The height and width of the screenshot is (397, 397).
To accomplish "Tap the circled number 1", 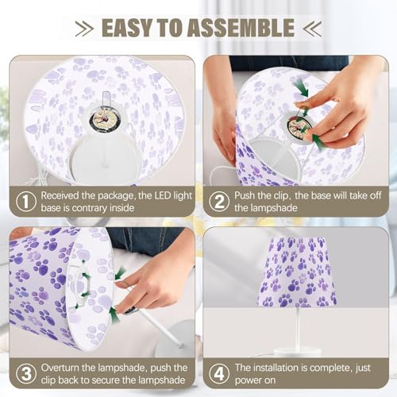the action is pyautogui.click(x=26, y=202).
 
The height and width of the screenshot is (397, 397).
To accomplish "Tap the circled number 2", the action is pyautogui.click(x=219, y=202).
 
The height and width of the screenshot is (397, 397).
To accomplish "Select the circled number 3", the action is pyautogui.click(x=26, y=374).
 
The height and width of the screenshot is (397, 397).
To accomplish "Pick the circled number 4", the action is pyautogui.click(x=219, y=374).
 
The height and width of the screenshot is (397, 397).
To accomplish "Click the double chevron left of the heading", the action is pyautogui.click(x=84, y=28).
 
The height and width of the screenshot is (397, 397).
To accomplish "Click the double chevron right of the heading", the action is pyautogui.click(x=312, y=28).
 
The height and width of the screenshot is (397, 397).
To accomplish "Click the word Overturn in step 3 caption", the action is pyautogui.click(x=60, y=368).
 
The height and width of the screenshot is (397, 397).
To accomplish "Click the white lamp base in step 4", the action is pyautogui.click(x=298, y=353).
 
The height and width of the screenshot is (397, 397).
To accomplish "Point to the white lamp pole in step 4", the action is pyautogui.click(x=298, y=329).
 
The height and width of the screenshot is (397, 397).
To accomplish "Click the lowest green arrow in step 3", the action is pyautogui.click(x=114, y=314).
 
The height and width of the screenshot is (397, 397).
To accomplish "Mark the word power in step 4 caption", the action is pyautogui.click(x=247, y=380).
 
